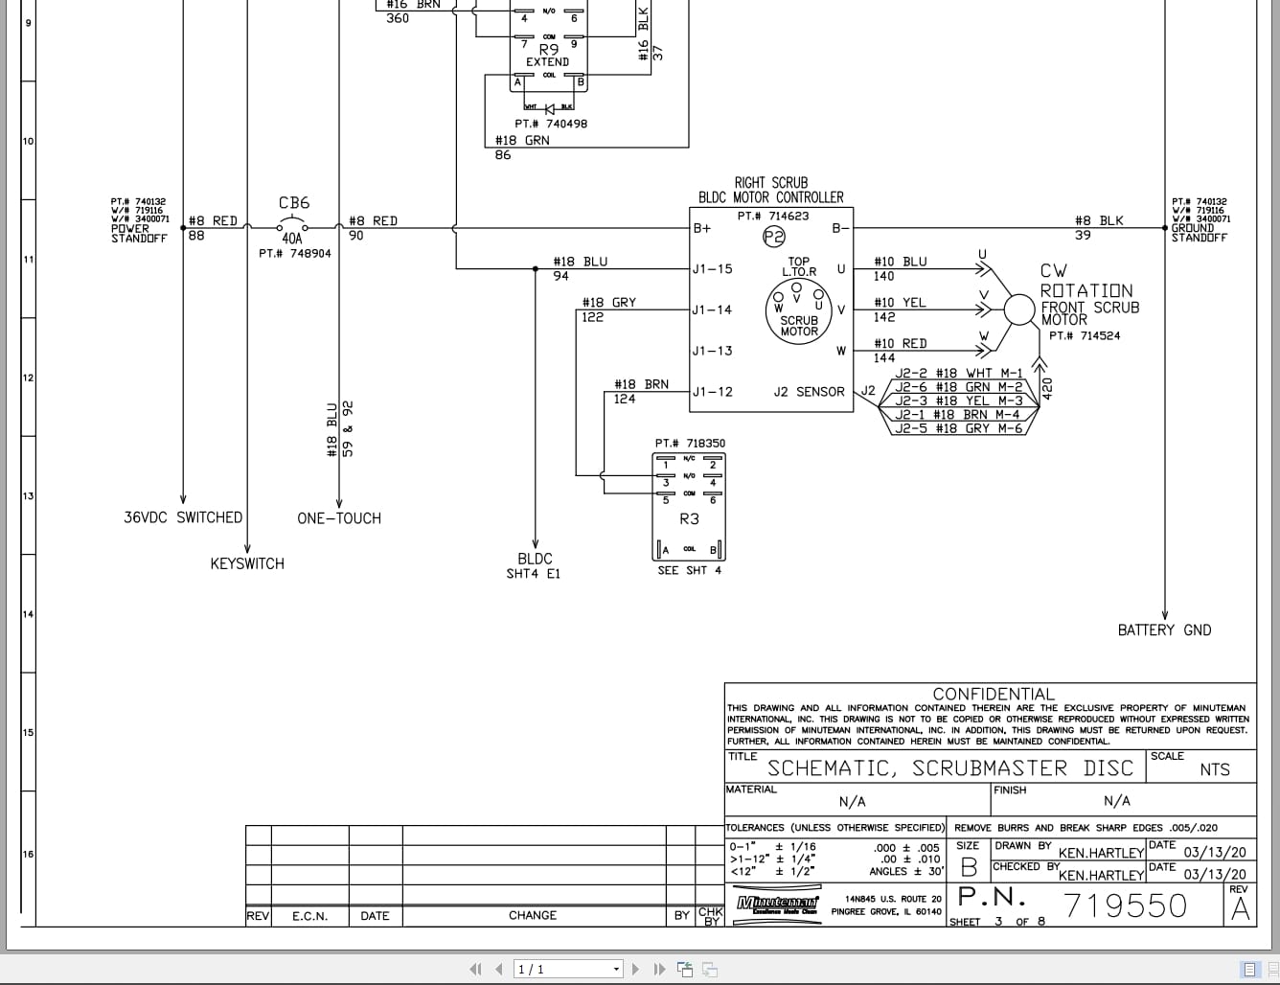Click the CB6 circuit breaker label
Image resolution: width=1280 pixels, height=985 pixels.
click(x=294, y=203)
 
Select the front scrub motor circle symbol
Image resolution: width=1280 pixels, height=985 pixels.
click(x=1020, y=309)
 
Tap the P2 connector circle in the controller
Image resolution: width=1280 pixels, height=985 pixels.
click(x=773, y=237)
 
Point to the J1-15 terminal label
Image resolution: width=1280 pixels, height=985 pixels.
click(x=712, y=269)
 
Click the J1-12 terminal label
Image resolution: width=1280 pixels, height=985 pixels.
click(x=712, y=392)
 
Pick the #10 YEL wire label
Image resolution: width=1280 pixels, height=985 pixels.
click(x=900, y=303)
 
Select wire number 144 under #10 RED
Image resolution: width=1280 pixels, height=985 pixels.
click(x=884, y=358)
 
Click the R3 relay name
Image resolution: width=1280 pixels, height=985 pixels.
click(x=689, y=519)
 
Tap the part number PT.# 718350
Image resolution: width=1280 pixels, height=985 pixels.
click(x=690, y=444)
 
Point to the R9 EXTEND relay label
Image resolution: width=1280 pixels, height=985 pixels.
click(x=548, y=56)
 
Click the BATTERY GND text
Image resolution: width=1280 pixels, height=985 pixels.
click(x=1164, y=630)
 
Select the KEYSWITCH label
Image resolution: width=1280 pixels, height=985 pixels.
click(x=247, y=564)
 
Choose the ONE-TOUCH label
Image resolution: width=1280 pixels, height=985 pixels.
click(x=339, y=518)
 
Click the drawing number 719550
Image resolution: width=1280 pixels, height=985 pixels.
click(x=1125, y=905)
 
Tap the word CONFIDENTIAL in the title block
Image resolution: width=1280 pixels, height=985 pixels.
click(x=994, y=694)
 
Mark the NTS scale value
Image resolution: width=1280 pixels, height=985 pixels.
click(x=1214, y=769)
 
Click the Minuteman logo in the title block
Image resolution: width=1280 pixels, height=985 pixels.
click(x=777, y=904)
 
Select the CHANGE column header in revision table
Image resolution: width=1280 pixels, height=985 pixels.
click(x=532, y=916)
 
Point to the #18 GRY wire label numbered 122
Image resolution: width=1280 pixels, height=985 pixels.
click(x=608, y=303)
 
